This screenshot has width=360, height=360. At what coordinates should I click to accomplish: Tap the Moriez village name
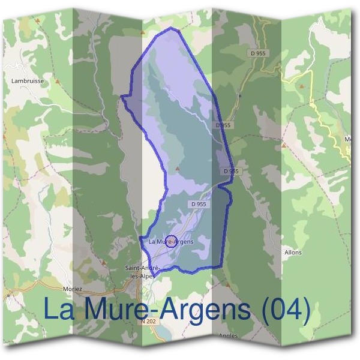[x=71, y=289]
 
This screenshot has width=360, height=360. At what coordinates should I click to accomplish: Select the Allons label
[x=293, y=253]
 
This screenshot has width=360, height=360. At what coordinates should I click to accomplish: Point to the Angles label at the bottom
[x=229, y=335]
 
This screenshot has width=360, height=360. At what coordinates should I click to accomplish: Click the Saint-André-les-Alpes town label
[x=139, y=272]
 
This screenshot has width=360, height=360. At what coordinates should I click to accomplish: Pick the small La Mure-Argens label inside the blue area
[x=171, y=242]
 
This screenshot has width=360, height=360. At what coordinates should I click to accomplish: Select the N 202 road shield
[x=152, y=322]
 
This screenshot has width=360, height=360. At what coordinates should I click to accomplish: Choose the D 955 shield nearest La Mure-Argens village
[x=199, y=204]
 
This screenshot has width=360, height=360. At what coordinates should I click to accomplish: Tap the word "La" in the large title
[x=60, y=310]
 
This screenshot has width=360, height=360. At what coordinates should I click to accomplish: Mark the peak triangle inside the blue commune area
[x=177, y=169]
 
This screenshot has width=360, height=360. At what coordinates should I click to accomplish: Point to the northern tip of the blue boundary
[x=173, y=28]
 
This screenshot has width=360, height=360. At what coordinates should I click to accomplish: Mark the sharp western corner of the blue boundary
[x=122, y=96]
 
